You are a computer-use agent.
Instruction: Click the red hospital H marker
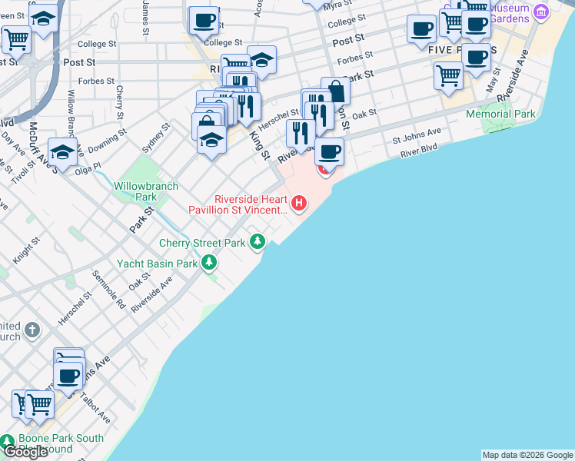299,204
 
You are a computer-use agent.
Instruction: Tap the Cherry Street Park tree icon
258,243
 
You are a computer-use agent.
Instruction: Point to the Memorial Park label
500,114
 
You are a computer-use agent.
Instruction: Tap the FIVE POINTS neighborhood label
451,50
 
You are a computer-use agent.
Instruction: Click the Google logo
25,452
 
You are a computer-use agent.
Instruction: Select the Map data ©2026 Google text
527,455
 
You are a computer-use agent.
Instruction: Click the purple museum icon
541,11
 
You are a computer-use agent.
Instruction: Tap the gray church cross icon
32,330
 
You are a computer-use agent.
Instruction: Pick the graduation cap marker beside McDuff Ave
62,151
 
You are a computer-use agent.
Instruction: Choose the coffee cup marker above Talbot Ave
69,376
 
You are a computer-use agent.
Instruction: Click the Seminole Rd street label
108,288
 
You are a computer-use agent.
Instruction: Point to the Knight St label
25,251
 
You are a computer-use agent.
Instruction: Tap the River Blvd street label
418,150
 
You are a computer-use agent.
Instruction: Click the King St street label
259,144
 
